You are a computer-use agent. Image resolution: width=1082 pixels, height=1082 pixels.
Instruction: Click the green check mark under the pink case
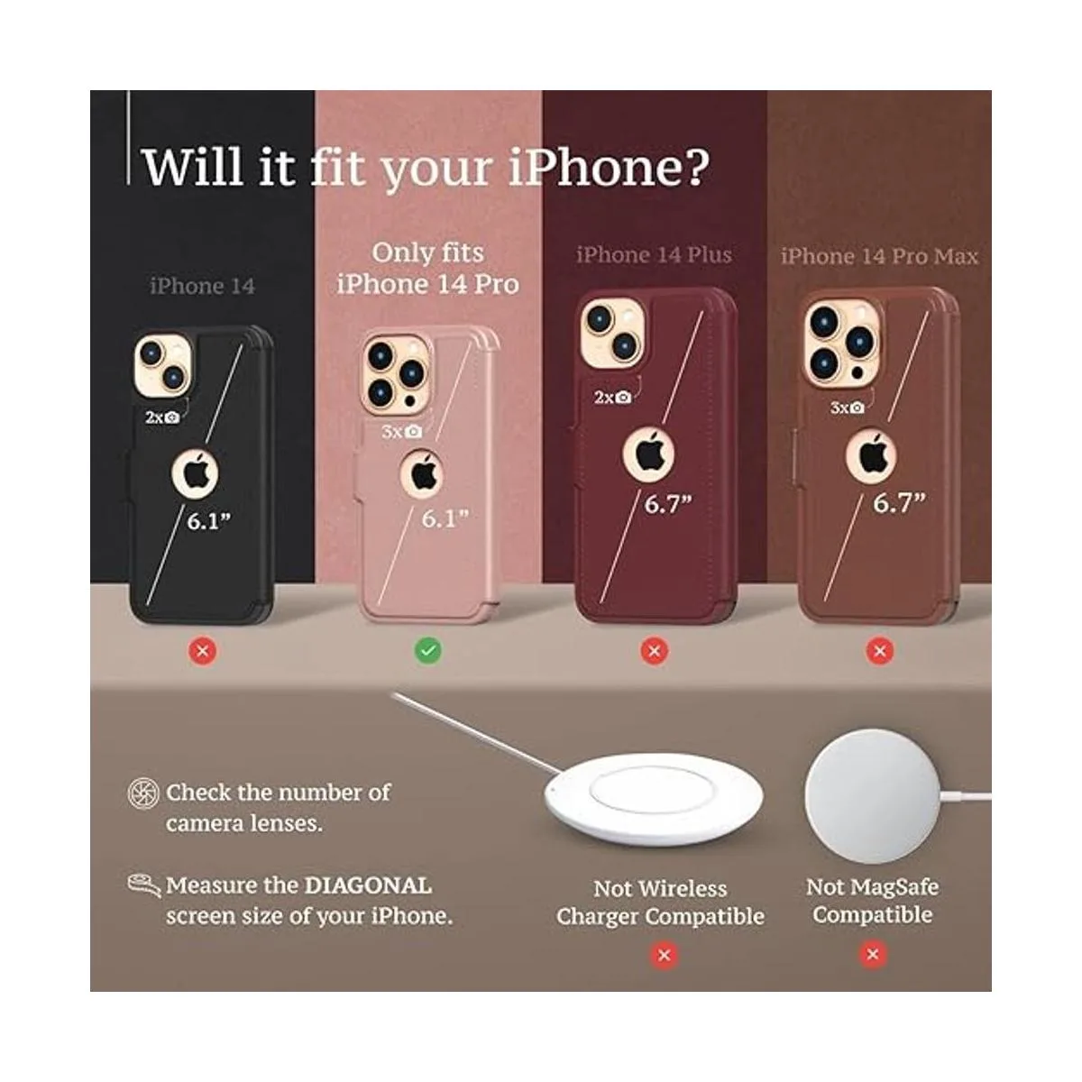point(428,650)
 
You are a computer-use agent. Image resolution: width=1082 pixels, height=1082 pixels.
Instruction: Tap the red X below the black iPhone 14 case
point(204,650)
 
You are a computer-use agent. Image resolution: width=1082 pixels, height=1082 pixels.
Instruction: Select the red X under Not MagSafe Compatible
point(872,954)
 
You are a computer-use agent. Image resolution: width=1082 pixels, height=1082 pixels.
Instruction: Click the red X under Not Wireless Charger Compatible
point(665,954)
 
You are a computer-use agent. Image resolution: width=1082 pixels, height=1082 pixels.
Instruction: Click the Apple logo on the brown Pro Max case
point(871,454)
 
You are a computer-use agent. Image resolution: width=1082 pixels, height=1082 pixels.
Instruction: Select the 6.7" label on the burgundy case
point(667,505)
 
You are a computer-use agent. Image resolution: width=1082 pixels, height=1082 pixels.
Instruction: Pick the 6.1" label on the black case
point(209,521)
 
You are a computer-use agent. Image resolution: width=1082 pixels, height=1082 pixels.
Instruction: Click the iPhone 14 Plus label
point(654,255)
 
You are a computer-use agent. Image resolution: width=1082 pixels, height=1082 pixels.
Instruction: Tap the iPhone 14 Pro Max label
point(879,257)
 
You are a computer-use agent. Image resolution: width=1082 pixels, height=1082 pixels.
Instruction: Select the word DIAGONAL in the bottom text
point(368,885)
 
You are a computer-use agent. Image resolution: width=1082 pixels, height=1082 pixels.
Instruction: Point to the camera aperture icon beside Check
point(143,793)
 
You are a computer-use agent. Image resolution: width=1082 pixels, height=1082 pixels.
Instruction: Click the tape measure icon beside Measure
point(143,885)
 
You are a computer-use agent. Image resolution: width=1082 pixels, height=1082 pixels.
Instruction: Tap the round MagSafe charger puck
point(872,775)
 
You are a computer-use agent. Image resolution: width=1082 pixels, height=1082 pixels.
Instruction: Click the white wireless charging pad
point(655,798)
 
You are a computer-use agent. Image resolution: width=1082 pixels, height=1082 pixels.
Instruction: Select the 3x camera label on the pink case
point(401,432)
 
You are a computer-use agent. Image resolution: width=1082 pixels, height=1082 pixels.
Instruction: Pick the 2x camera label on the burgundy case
point(611,398)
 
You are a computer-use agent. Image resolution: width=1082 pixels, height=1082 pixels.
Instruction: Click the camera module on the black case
point(162,366)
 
